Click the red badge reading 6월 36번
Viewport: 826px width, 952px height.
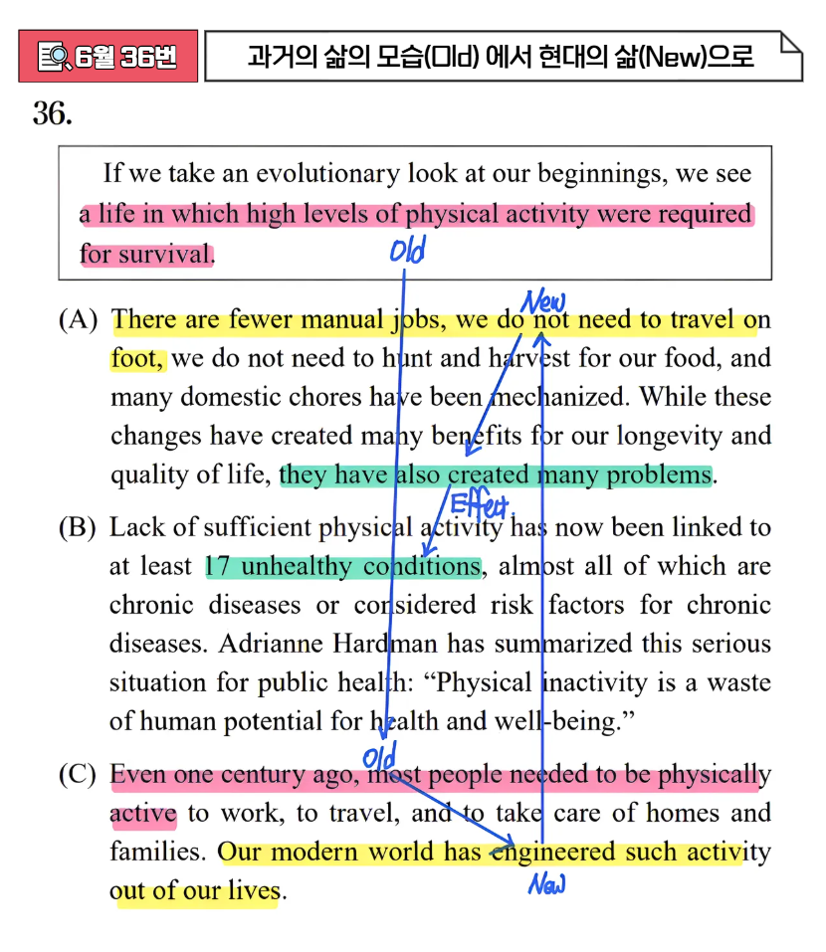(107, 56)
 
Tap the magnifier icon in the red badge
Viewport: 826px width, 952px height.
(53, 57)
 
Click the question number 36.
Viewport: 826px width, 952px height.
(52, 114)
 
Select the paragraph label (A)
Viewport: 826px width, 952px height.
(79, 320)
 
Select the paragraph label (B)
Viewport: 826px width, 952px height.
(79, 527)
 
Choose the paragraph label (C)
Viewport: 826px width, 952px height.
(79, 775)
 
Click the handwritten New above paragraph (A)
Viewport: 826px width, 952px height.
(543, 300)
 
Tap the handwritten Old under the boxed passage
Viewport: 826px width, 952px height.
(407, 251)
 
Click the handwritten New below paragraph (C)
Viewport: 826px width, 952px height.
(546, 883)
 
